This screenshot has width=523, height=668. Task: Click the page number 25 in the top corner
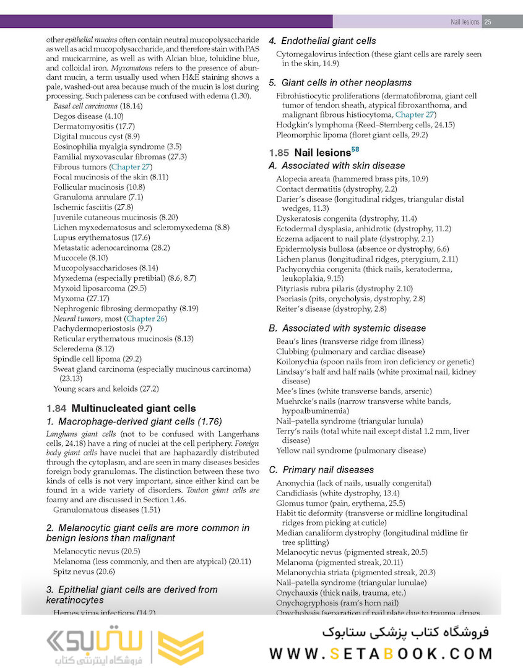[488, 22]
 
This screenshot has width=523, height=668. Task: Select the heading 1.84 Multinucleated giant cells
[121, 408]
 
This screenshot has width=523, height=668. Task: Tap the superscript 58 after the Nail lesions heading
[355, 149]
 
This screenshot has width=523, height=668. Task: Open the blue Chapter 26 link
[146, 319]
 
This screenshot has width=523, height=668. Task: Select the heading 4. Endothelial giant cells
[322, 41]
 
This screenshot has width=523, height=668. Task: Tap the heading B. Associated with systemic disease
[347, 328]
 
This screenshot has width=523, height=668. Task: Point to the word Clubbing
[292, 351]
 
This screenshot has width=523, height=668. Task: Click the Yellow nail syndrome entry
[350, 451]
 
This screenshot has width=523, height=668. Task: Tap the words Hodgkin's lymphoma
[309, 124]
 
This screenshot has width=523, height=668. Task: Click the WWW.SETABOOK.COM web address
[381, 653]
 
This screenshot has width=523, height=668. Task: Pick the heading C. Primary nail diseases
[321, 469]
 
